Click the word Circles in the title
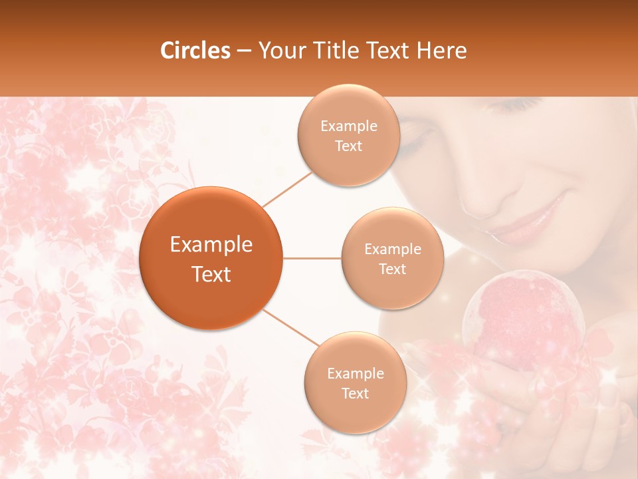(195, 51)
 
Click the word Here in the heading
(441, 51)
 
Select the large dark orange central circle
(211, 258)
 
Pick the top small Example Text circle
(348, 135)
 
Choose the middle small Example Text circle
(392, 258)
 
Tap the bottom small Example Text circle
(355, 383)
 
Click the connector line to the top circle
(287, 189)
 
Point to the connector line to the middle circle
(312, 258)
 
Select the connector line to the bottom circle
(291, 329)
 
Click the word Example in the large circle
(211, 245)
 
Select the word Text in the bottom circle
(355, 393)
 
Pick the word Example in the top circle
(348, 126)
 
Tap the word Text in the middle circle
(392, 269)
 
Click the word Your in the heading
(280, 51)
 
